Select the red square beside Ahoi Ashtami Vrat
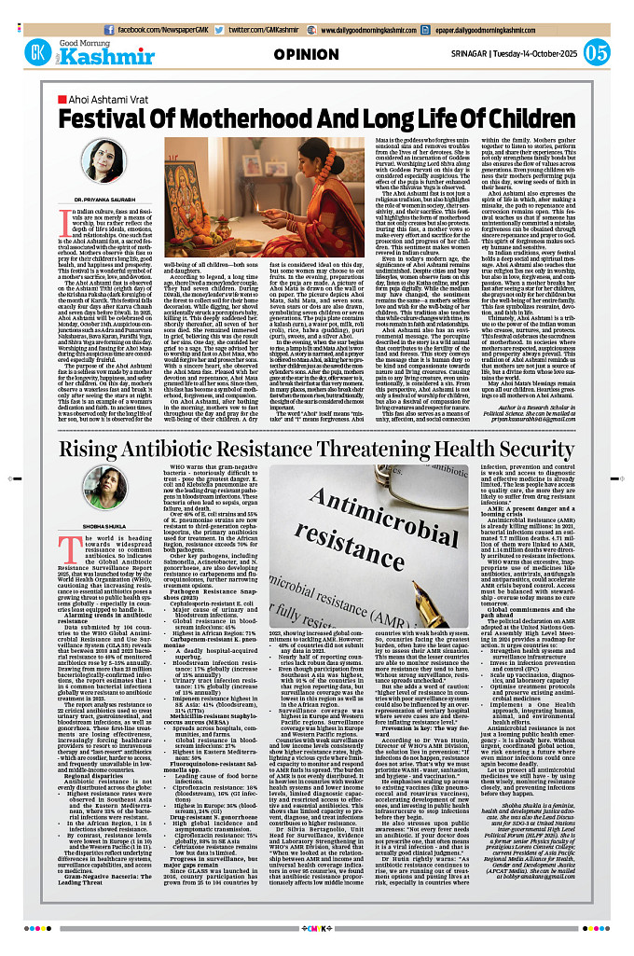tap(62, 98)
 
